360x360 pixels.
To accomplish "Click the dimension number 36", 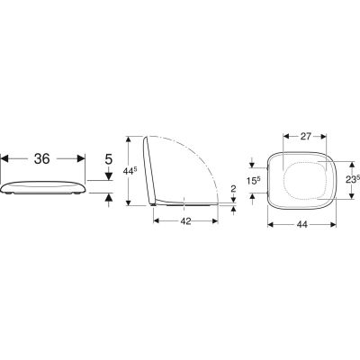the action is (x=41, y=158).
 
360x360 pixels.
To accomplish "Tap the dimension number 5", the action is (x=109, y=159).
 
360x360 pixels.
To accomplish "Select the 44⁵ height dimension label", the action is (x=130, y=171).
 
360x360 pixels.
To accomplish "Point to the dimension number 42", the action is (x=185, y=221).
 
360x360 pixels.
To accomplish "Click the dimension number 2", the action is (x=234, y=189).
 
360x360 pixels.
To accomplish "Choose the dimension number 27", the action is (x=305, y=136).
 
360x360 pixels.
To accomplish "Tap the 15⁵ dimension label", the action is (x=253, y=181).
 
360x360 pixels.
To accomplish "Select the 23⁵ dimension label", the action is (x=353, y=180).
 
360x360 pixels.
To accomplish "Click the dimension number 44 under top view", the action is (x=302, y=224).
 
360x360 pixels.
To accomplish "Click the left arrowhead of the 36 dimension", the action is (x=4, y=158).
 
